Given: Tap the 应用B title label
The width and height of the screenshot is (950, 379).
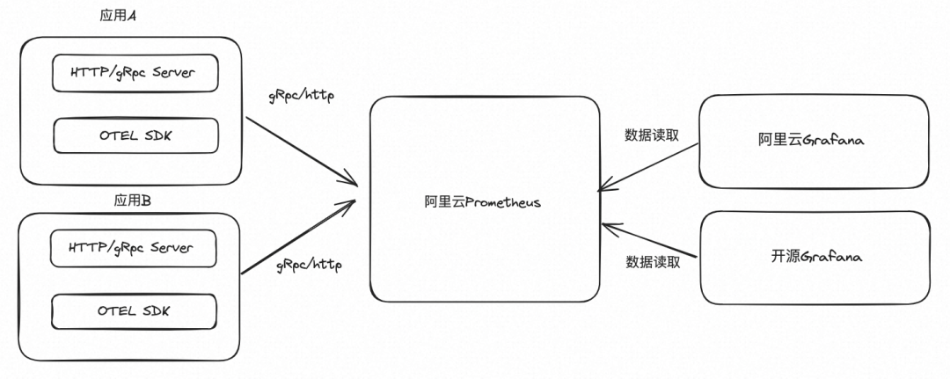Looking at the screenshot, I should (x=133, y=201).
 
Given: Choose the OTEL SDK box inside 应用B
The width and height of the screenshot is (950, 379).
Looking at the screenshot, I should (x=134, y=311).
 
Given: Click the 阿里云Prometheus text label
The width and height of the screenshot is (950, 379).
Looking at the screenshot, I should (x=482, y=202).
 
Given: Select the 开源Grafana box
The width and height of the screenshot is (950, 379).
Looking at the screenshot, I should (x=814, y=257).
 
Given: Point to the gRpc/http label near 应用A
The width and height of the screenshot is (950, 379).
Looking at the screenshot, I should (x=301, y=95).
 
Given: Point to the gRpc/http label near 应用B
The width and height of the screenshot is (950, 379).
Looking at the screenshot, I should (x=309, y=264).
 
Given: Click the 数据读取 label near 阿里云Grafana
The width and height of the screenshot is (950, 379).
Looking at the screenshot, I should (x=652, y=135).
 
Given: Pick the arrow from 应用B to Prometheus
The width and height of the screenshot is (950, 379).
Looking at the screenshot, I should (x=299, y=237).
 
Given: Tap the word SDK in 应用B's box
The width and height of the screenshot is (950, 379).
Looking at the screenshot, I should (x=155, y=311).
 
